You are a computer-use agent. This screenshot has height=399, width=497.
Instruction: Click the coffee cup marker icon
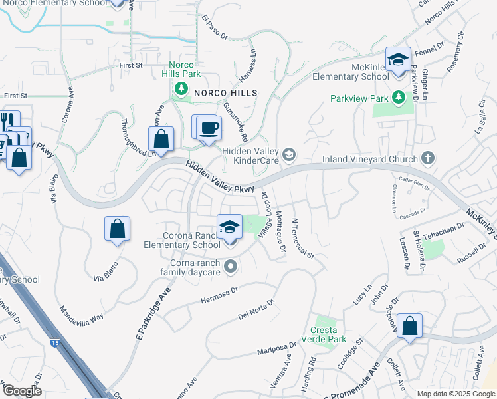click(209, 127)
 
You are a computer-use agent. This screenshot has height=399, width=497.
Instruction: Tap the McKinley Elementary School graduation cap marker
click(398, 60)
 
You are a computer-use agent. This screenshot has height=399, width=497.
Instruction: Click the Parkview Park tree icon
click(399, 98)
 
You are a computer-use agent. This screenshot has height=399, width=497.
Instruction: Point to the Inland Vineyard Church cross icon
click(429, 158)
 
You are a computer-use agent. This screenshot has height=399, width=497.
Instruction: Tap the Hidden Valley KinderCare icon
click(288, 154)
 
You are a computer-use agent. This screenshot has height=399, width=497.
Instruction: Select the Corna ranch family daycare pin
click(231, 267)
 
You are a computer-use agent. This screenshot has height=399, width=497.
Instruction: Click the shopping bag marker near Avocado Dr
click(409, 326)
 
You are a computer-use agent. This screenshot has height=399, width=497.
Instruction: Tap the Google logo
click(22, 391)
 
